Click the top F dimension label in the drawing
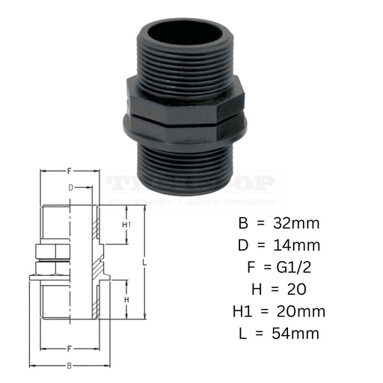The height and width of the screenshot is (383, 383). [x=70, y=171]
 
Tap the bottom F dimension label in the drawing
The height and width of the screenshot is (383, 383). [x=70, y=349]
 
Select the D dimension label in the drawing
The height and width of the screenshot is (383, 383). [x=70, y=188]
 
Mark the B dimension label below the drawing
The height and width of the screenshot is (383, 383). [x=70, y=366]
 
